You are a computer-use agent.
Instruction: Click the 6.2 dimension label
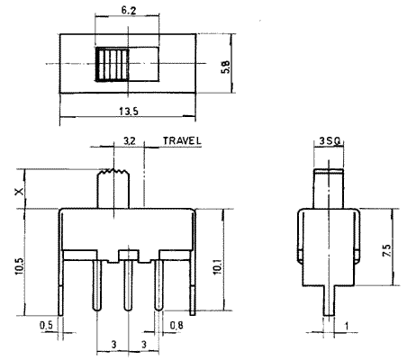click(129, 11)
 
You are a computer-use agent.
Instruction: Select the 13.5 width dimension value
click(129, 112)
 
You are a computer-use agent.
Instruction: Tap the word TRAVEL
click(182, 140)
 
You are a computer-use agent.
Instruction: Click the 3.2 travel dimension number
click(130, 140)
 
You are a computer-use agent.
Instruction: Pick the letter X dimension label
click(20, 191)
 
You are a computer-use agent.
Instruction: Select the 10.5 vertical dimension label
click(19, 265)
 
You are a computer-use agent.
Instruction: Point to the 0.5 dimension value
click(46, 325)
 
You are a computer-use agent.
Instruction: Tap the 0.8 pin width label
click(176, 325)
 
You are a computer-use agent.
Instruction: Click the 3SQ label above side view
click(330, 140)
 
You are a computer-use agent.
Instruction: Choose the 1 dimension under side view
click(347, 326)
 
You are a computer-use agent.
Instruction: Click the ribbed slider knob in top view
click(112, 64)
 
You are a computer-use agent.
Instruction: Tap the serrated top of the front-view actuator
click(113, 172)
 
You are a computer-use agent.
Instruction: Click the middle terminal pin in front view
click(128, 285)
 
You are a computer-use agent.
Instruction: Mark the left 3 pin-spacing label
click(113, 345)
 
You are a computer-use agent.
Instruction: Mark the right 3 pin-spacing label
click(144, 345)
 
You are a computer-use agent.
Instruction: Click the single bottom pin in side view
click(330, 300)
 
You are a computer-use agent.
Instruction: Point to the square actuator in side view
click(329, 189)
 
